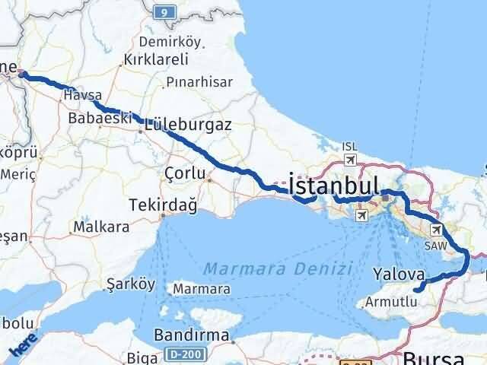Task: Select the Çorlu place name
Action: coord(185,173)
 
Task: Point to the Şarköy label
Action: coord(130,285)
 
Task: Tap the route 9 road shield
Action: coord(161,11)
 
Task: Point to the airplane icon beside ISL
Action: coord(349,160)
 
